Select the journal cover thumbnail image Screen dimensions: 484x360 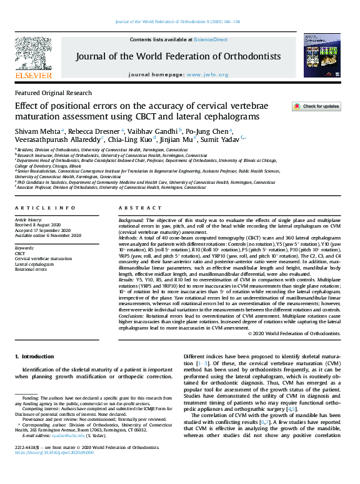(x=322, y=56)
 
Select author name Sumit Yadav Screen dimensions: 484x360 (x=222, y=139)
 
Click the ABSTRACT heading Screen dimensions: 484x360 (x=131, y=208)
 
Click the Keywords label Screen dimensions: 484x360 (x=24, y=248)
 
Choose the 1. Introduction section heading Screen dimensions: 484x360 (x=35, y=356)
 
